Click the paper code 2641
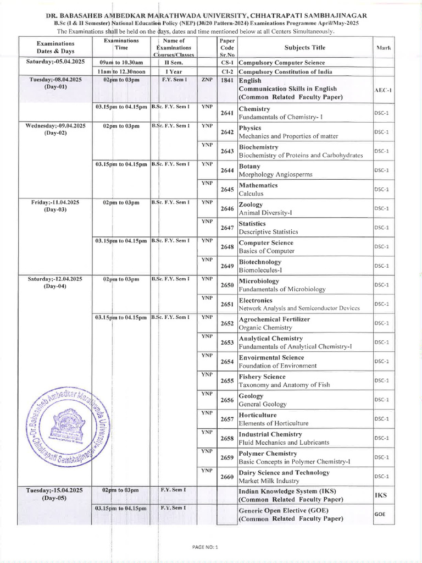pyautogui.click(x=227, y=113)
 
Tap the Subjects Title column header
pyautogui.click(x=304, y=47)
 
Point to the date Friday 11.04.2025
pyautogui.click(x=55, y=202)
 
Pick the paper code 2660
pyautogui.click(x=227, y=477)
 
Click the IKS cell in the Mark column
pyautogui.click(x=381, y=495)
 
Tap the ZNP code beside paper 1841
pyautogui.click(x=207, y=80)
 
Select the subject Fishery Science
pyautogui.click(x=262, y=377)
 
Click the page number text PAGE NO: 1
pyautogui.click(x=206, y=547)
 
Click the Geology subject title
pyautogui.click(x=251, y=396)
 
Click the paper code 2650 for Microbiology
pyautogui.click(x=227, y=285)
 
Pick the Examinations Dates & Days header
pyautogui.click(x=55, y=47)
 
